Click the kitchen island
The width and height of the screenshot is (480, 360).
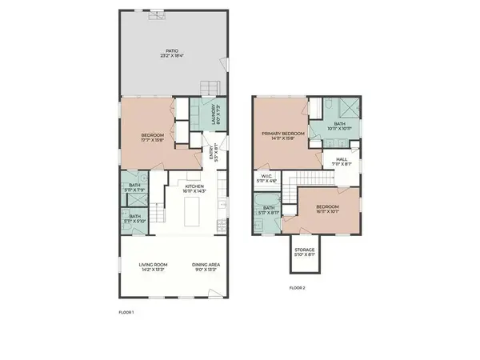coord(192,214)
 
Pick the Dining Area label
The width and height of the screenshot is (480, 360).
coord(206,268)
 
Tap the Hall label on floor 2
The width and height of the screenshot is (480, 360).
coord(341,162)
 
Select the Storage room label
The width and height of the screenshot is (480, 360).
coord(304,253)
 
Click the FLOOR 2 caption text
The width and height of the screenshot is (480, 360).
coord(298,287)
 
